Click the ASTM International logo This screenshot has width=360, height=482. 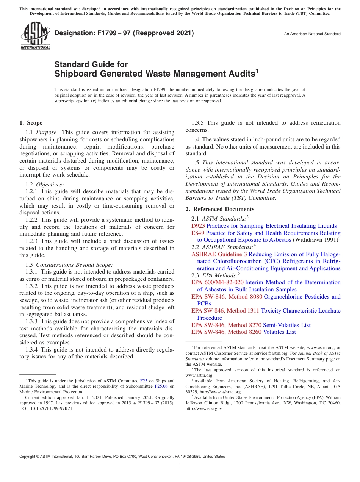(x=35, y=36)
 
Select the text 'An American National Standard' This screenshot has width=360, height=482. (x=312, y=34)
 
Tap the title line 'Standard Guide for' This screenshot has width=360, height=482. (x=91, y=64)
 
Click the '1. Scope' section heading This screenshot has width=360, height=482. (x=31, y=123)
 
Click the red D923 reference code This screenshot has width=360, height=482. (x=198, y=226)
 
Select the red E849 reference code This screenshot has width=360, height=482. (x=198, y=233)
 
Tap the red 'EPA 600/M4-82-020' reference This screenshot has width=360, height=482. (x=217, y=282)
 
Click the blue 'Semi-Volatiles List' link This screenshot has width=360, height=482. (x=286, y=325)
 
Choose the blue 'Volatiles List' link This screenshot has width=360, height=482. (x=279, y=332)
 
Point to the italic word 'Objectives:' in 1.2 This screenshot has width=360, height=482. (x=50, y=185)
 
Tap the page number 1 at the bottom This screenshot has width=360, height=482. (x=180, y=466)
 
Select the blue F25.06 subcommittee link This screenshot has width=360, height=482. (x=161, y=387)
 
